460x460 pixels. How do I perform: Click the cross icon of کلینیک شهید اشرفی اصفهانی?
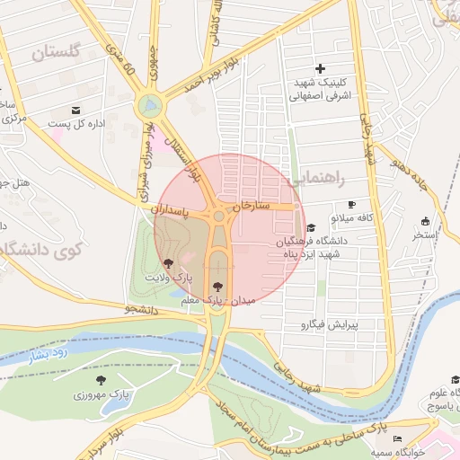[320, 69]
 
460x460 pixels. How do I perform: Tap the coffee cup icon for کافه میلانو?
[351, 204]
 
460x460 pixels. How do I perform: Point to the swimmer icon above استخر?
[424, 222]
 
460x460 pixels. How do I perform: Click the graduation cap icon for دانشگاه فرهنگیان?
[311, 228]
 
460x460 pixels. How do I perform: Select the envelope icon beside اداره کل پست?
[76, 111]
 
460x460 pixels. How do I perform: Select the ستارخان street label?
[251, 206]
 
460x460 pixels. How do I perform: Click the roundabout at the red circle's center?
[218, 216]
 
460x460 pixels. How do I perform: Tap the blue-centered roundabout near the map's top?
[149, 106]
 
